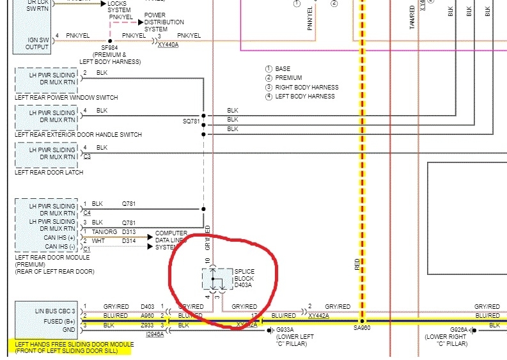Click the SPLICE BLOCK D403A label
point(244,279)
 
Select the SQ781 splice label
point(191,120)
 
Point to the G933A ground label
point(285,330)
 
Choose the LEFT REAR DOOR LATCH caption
point(49,173)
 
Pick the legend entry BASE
point(283,68)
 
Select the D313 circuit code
point(130,232)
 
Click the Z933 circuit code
point(148,325)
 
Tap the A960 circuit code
point(148,316)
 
